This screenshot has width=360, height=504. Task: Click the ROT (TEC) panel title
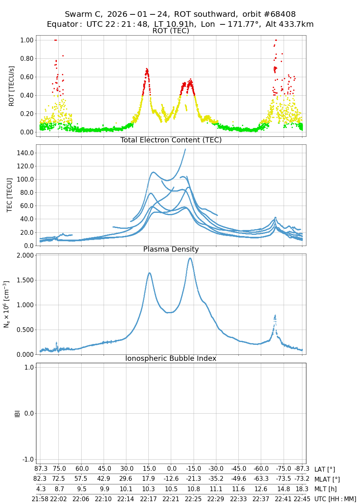171,31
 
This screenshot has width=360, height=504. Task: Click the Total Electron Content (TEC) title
171,140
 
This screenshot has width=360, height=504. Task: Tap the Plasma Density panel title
171,249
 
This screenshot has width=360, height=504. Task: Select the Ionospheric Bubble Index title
171,358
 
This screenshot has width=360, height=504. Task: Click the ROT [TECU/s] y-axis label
12,86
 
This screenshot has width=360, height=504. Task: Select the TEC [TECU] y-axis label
10,195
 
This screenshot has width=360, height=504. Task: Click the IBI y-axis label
17,413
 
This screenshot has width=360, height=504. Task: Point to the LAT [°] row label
325,470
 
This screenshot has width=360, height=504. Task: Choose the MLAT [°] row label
327,479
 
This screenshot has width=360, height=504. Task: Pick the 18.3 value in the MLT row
302,489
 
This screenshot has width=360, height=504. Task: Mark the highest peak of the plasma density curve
190,258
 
